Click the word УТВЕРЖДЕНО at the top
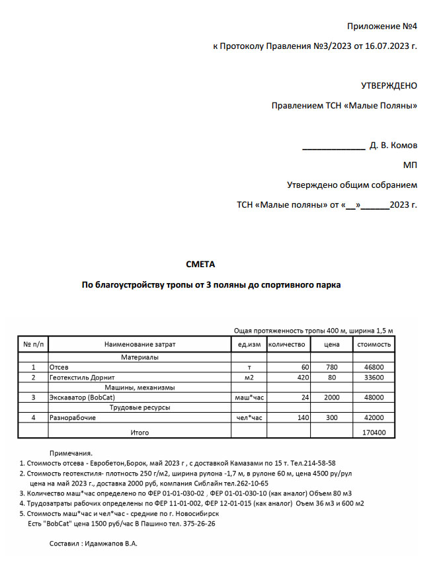[x=389, y=85]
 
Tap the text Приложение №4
[x=382, y=26]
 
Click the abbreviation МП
[x=410, y=165]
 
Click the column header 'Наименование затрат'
[x=140, y=345]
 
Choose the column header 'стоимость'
[x=374, y=345]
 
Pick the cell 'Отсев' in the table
[x=59, y=367]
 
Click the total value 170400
[x=374, y=433]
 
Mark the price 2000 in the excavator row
[x=331, y=398]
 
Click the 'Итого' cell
[x=140, y=433]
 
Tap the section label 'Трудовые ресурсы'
[x=140, y=408]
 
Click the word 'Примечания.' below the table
[x=71, y=453]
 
